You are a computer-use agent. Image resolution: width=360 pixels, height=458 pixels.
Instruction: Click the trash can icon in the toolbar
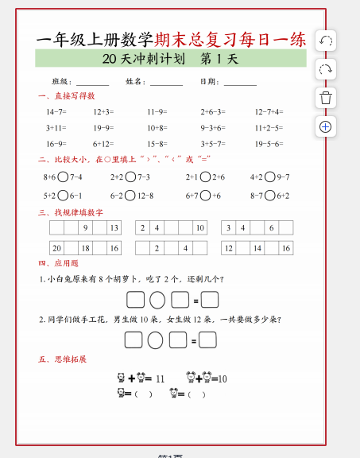(x=326, y=98)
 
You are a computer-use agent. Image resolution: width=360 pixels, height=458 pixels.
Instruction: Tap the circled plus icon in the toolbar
(x=326, y=126)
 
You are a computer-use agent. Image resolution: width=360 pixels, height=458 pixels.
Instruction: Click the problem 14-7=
(x=56, y=112)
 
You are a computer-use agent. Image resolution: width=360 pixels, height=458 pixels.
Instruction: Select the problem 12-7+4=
(x=269, y=112)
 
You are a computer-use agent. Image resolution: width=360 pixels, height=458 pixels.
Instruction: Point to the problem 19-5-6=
(x=269, y=144)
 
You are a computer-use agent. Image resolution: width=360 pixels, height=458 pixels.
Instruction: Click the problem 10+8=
(x=157, y=128)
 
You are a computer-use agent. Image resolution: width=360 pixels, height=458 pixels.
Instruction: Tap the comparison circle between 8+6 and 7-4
(x=63, y=177)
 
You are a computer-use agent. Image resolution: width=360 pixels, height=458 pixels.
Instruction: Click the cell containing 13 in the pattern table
(x=114, y=228)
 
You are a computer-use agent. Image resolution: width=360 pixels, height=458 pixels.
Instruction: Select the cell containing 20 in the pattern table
(x=56, y=249)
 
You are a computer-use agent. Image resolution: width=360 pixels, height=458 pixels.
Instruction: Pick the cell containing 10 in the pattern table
(x=199, y=228)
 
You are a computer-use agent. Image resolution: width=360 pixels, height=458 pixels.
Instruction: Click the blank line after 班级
(x=92, y=83)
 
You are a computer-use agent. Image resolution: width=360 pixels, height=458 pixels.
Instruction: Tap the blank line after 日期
(x=240, y=83)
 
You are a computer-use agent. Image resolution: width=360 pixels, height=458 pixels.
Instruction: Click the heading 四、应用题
(x=58, y=263)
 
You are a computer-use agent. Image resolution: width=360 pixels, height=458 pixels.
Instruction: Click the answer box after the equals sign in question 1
(x=210, y=300)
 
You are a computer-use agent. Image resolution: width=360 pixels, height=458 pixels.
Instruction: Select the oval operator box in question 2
(x=156, y=340)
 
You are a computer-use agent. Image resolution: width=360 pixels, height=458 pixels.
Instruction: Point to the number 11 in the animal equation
(x=160, y=379)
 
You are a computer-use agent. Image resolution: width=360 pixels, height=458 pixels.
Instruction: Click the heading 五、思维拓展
(x=62, y=359)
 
